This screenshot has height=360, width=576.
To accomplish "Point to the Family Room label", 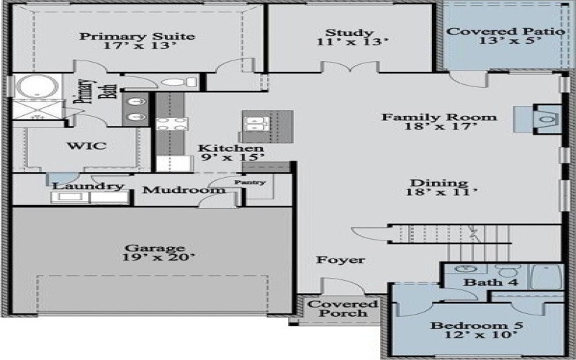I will [x=438, y=123].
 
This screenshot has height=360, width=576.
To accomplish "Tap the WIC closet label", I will [x=86, y=146].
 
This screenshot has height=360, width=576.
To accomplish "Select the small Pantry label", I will [x=249, y=182].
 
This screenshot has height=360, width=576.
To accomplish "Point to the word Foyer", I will [x=341, y=260].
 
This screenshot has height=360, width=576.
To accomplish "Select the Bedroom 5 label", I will [x=477, y=330].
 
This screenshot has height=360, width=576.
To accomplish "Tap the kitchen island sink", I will [x=256, y=126].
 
